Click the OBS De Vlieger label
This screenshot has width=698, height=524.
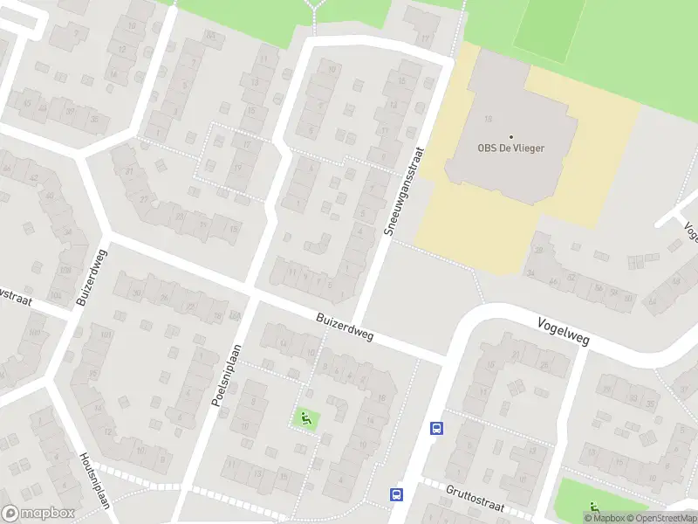point(511,148)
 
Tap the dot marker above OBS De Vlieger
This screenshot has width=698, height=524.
point(511,136)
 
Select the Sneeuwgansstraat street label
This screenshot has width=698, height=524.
point(402,191)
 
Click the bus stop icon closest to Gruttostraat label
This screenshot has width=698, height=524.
point(396,494)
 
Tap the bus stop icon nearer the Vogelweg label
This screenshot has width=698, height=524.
point(436,428)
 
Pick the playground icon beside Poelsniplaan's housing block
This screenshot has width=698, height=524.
point(305,418)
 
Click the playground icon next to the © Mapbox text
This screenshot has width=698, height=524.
point(594,506)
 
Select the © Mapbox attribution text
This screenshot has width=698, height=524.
point(605,518)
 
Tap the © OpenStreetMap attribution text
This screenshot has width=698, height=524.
point(660,518)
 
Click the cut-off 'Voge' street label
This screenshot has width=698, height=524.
point(690,231)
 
